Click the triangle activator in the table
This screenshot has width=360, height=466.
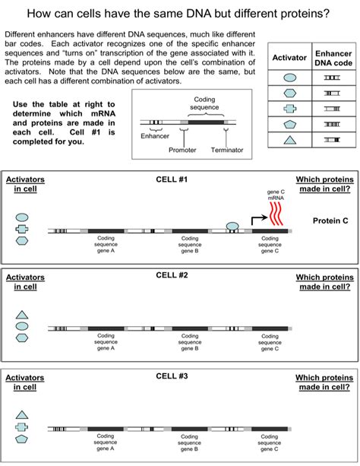pos(289,139)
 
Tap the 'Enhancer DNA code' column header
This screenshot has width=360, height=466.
pos(332,57)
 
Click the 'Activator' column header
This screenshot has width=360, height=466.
pos(289,57)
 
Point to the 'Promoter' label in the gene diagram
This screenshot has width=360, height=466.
pos(182,150)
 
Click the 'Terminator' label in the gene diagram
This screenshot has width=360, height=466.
pos(227,150)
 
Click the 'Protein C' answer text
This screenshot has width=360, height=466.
pos(330,220)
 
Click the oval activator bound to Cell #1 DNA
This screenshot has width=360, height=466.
pos(232,226)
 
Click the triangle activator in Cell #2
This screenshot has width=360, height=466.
pos(22,314)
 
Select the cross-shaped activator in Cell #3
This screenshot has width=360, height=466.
pos(22,428)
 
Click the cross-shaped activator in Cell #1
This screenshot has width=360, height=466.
pos(22,229)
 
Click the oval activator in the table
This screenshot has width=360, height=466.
pos(289,78)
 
